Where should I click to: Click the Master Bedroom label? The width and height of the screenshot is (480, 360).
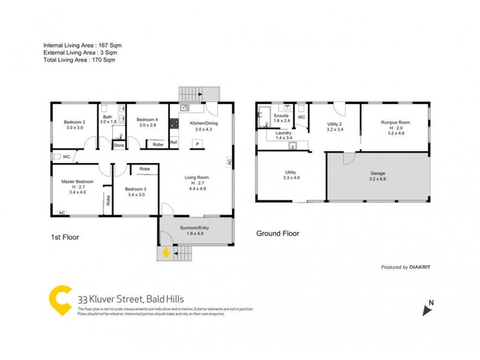click(77, 182)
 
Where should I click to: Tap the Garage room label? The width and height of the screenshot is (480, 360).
click(377, 173)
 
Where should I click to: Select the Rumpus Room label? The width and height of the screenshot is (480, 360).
click(394, 122)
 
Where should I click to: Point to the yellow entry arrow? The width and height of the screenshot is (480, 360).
click(165, 253)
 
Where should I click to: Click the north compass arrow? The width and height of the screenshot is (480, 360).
click(428, 310)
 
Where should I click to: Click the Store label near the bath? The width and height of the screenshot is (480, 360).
click(119, 145)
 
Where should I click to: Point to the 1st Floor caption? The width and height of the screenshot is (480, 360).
click(65, 237)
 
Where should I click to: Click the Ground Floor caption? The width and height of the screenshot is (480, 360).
click(278, 233)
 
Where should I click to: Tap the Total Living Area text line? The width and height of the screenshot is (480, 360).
click(79, 60)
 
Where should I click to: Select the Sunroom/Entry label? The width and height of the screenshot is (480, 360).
click(194, 228)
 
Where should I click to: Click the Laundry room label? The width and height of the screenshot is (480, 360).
click(283, 133)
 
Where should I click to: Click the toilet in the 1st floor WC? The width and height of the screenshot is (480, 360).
click(57, 157)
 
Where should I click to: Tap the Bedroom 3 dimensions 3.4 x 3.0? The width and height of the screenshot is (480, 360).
click(136, 194)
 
